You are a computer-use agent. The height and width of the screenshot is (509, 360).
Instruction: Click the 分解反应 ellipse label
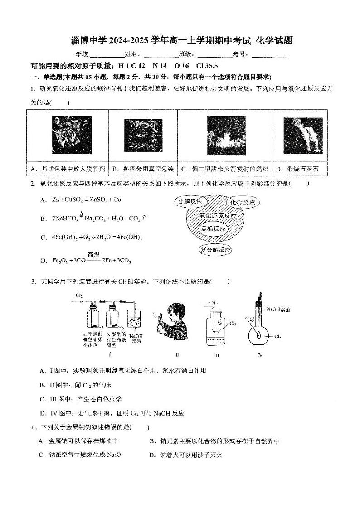(x=190, y=201)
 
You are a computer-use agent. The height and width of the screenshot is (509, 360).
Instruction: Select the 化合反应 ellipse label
(x=243, y=202)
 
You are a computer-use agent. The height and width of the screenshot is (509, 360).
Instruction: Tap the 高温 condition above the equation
(x=93, y=254)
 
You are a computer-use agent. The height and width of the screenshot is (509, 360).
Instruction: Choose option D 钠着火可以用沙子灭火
(x=185, y=455)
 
